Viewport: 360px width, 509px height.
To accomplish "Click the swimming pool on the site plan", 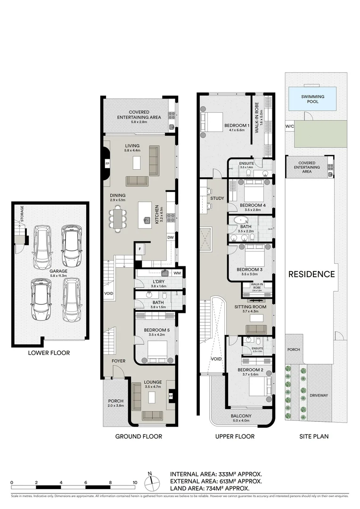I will pyautogui.click(x=313, y=99).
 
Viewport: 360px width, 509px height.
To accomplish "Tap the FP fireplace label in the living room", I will pyautogui.click(x=107, y=164).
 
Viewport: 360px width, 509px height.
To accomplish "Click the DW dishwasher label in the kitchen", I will pyautogui.click(x=170, y=238).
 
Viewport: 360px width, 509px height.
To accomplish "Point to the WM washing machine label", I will pyautogui.click(x=177, y=273).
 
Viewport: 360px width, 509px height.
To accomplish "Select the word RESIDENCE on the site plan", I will pyautogui.click(x=311, y=274).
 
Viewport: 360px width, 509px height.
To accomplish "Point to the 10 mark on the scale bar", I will pyautogui.click(x=135, y=483).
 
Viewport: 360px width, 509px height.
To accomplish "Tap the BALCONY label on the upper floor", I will pyautogui.click(x=241, y=416).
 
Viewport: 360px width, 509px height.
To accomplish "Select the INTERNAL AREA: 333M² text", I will pyautogui.click(x=215, y=474).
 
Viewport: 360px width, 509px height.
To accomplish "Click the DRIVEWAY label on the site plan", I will pyautogui.click(x=319, y=395).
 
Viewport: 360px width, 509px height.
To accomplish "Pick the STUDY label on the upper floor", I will pyautogui.click(x=217, y=198).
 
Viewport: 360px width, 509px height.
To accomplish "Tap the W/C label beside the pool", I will pyautogui.click(x=289, y=127).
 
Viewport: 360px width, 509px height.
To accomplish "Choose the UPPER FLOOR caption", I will pyautogui.click(x=235, y=436).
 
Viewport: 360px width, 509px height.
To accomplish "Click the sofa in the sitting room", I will pyautogui.click(x=256, y=329).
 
